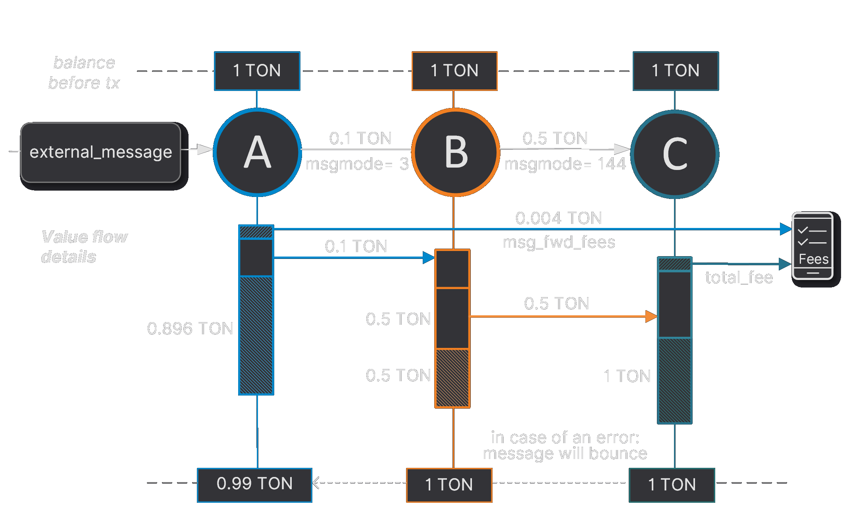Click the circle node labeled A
(x=257, y=152)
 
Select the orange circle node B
(x=456, y=152)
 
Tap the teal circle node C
(x=675, y=154)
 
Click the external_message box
(x=101, y=152)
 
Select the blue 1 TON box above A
(x=257, y=71)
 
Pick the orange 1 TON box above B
(x=454, y=71)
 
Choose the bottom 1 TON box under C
(x=672, y=485)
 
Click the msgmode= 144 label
(x=565, y=164)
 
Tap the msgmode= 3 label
(x=357, y=164)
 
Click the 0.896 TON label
(x=190, y=328)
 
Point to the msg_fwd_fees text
(x=559, y=242)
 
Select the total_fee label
(x=739, y=278)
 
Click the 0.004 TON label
(x=558, y=218)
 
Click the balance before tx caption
(x=84, y=73)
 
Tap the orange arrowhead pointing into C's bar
(x=651, y=317)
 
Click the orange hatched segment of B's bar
(x=452, y=378)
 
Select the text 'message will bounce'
(x=565, y=454)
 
